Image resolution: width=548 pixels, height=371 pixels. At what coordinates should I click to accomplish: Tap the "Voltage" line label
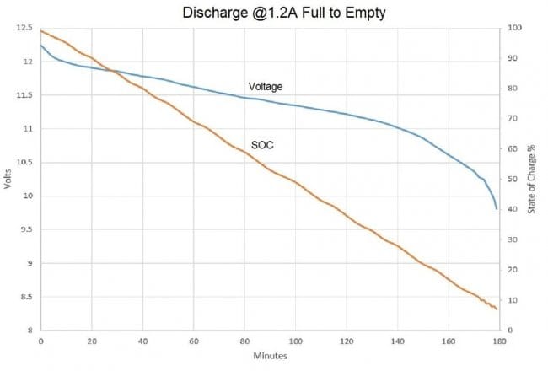click(x=265, y=86)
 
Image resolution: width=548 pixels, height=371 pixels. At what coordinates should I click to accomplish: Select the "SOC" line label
click(x=262, y=145)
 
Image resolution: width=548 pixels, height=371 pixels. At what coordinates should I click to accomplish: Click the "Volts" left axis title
click(x=8, y=179)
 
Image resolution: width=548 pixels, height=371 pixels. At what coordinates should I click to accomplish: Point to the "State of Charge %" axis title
click(x=532, y=179)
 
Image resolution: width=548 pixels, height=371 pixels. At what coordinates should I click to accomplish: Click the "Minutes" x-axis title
click(x=270, y=356)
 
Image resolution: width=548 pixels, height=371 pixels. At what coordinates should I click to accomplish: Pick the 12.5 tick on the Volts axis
click(x=23, y=28)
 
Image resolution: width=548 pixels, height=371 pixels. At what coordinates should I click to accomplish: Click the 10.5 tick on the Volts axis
click(x=23, y=163)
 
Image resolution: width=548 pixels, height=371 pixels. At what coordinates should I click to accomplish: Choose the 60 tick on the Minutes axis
click(x=193, y=342)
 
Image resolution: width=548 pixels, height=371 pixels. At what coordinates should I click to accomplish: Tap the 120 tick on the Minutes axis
click(x=346, y=342)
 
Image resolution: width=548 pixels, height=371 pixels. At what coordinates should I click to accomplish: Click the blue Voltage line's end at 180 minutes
click(x=497, y=208)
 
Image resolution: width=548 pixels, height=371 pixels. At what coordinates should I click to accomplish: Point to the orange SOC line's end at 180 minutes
click(x=497, y=309)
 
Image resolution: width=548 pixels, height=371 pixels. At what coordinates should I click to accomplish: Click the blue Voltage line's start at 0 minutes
click(x=40, y=45)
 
